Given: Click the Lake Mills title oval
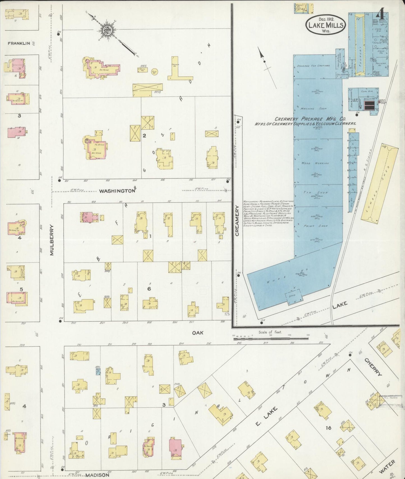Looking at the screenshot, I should [x=325, y=25].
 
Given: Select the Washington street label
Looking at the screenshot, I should [x=117, y=191].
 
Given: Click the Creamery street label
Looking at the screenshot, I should [x=237, y=221].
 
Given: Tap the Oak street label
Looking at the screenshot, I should [x=198, y=333].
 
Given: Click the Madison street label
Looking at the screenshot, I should [x=97, y=475].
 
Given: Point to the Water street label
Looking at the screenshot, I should [x=387, y=467].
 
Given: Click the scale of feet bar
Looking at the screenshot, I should [x=271, y=338].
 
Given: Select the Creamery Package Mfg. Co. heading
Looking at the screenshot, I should [x=310, y=119].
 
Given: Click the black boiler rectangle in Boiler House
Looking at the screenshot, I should [x=369, y=106].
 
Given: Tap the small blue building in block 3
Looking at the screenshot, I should [x=98, y=372].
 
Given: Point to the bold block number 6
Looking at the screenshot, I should [x=149, y=288].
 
